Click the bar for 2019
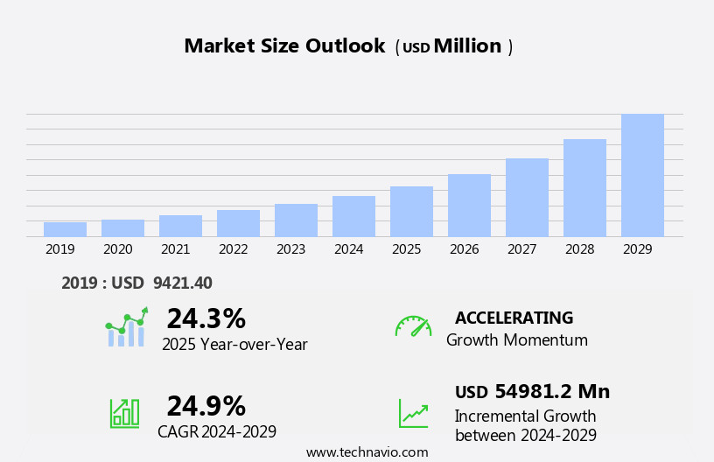[x=65, y=229]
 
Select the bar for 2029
[x=642, y=175]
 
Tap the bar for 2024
[x=353, y=216]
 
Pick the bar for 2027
[x=527, y=198]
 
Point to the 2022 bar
[x=238, y=223]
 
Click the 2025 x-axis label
[x=406, y=249]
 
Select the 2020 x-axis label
[x=117, y=249]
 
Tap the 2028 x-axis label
[x=579, y=249]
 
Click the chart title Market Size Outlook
[x=284, y=46]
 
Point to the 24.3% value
[x=206, y=318]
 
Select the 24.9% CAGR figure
[x=206, y=406]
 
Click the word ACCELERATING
[x=514, y=318]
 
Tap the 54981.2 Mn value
[x=551, y=392]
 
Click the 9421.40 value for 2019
[x=182, y=283]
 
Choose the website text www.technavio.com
[x=367, y=452]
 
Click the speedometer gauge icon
[x=413, y=326]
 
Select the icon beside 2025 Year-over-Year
[x=126, y=328]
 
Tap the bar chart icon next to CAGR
[x=124, y=413]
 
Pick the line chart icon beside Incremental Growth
[x=413, y=413]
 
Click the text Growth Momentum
[x=516, y=340]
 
